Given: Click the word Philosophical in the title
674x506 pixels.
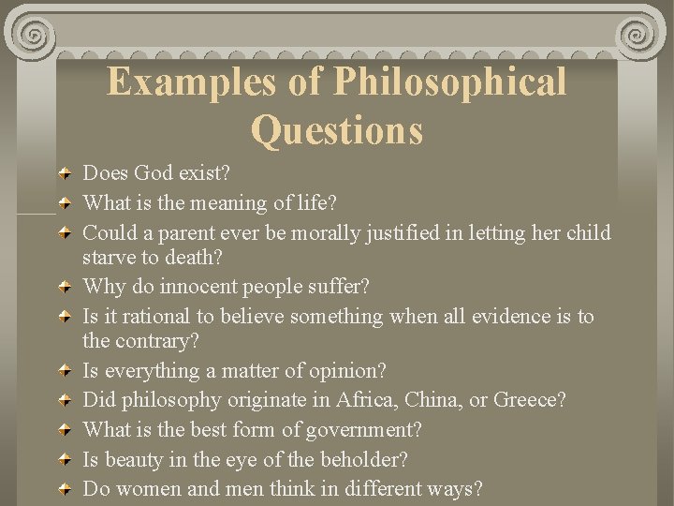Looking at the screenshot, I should [450, 82].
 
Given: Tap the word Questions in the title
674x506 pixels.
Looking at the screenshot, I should [337, 129].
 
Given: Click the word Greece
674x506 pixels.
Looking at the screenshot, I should [529, 400].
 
